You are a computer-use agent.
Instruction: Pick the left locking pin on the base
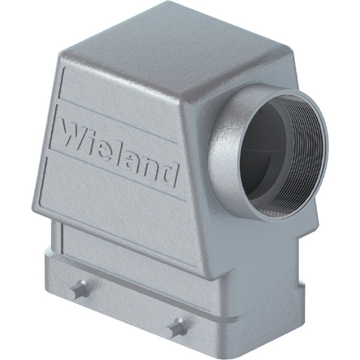click(80, 289)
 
